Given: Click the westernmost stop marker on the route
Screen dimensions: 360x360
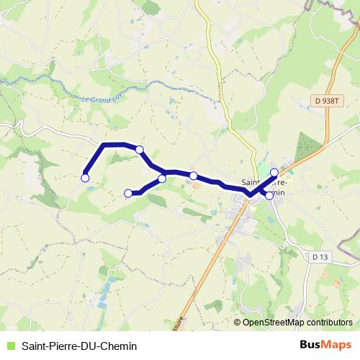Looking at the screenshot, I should [85, 177].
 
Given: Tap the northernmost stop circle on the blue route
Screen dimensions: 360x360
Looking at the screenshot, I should [140, 150].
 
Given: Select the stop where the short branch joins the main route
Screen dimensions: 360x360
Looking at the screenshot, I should [162, 179].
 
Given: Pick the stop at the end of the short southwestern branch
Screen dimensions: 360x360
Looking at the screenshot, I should [128, 193].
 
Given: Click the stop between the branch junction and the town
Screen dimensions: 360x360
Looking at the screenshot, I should [194, 176].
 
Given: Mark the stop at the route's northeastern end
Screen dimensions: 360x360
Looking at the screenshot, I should [274, 172].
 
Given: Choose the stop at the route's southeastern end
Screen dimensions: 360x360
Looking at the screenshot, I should [269, 195].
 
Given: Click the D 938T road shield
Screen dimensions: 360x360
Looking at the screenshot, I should [328, 102].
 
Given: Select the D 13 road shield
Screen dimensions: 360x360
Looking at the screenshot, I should [321, 256].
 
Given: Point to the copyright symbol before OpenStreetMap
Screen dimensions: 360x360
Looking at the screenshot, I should [238, 323].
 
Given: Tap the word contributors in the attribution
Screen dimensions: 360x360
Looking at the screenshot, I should [328, 323].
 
